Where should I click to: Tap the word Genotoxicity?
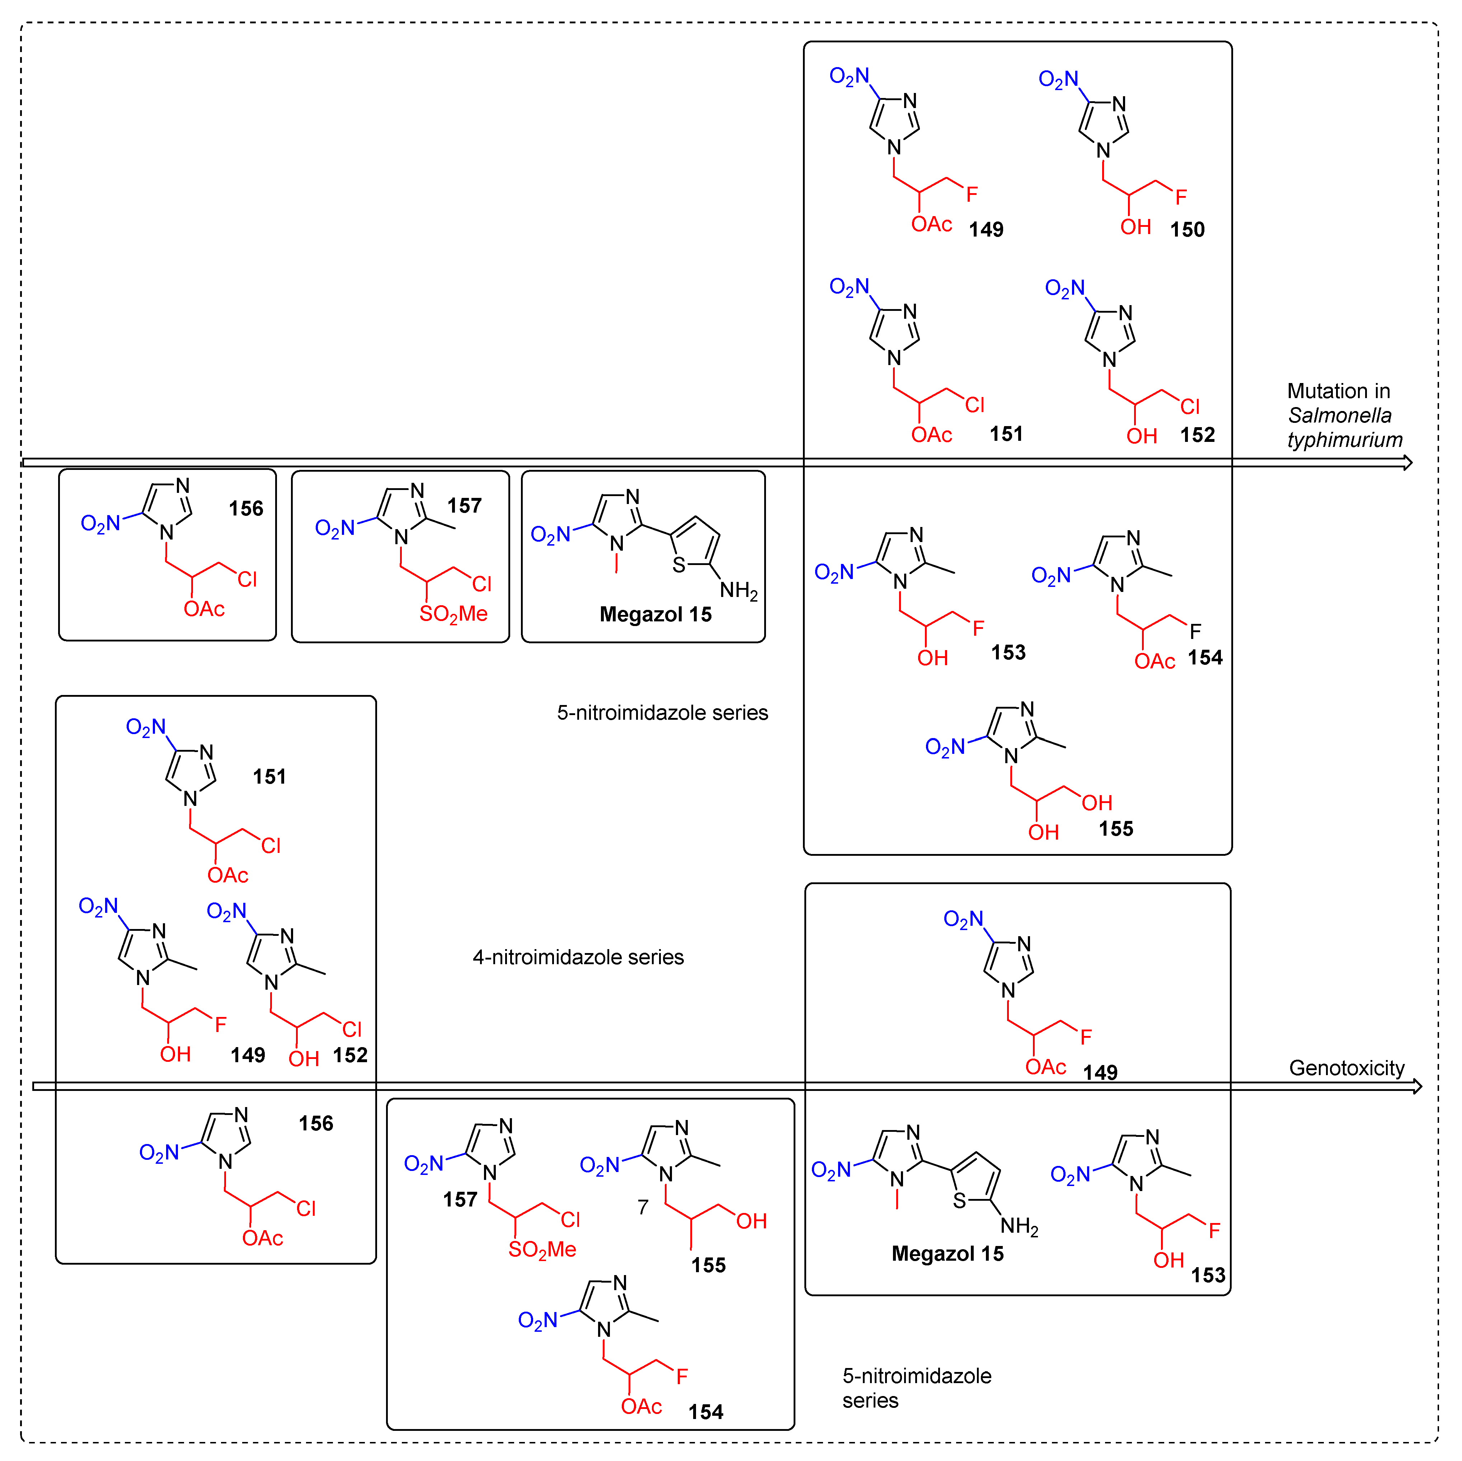1346,1068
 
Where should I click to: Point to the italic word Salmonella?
1339,416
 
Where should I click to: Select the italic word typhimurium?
1345,440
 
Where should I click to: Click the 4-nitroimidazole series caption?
578,958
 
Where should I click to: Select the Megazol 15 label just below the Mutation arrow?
655,615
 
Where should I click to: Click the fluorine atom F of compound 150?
1180,197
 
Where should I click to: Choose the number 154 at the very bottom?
705,1412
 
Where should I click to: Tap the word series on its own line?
870,1401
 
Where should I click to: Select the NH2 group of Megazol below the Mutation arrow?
739,591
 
